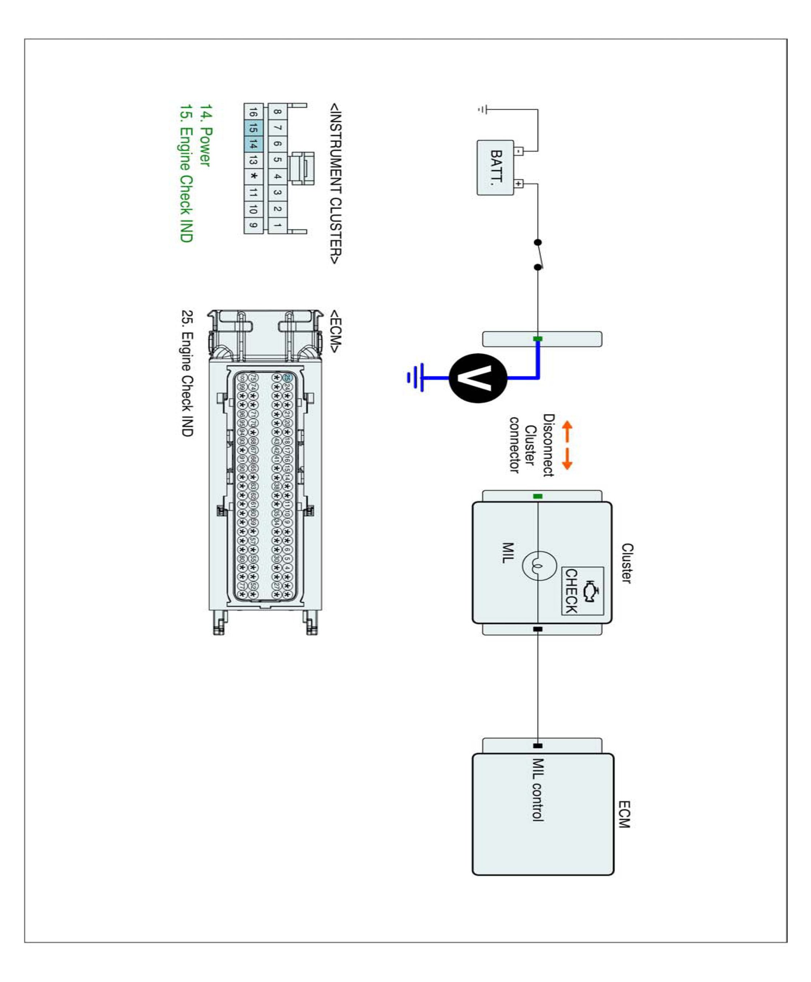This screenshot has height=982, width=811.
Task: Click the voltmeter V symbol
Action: tap(478, 378)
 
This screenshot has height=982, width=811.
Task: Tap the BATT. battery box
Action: tap(495, 167)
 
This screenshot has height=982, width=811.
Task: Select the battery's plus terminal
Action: tap(519, 184)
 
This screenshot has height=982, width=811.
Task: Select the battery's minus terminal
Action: tap(519, 151)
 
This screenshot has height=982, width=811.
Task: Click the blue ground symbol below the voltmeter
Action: tap(415, 377)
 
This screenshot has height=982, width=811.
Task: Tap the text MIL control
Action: tap(538, 789)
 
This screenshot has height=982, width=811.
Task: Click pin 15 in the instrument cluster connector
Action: tap(253, 128)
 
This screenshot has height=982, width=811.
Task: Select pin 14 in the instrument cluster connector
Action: tap(253, 144)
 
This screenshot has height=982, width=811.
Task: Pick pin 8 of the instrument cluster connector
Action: tap(277, 112)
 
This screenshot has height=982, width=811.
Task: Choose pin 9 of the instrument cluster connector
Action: tap(253, 225)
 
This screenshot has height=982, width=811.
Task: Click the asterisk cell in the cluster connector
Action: tap(253, 176)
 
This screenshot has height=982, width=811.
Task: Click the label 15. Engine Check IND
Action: tap(186, 173)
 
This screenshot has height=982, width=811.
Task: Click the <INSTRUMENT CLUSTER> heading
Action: tap(335, 184)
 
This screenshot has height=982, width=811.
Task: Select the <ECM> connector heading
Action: tap(335, 331)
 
